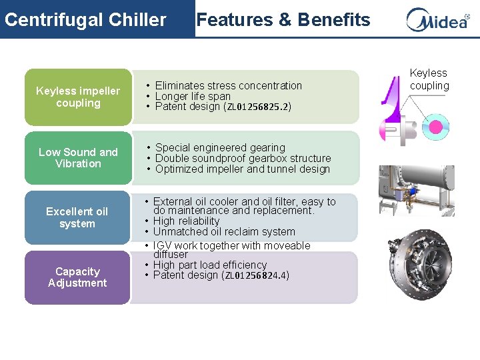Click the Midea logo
point(437,19)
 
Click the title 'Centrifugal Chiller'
point(85,19)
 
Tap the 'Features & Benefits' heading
point(283,19)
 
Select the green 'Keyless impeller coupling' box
point(78,97)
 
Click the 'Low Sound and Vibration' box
point(78,158)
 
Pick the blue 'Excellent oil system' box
point(77,217)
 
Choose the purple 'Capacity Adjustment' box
point(77,277)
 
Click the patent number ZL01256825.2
point(257,107)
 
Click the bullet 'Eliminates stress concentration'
point(228,85)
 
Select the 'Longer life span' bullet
point(193,96)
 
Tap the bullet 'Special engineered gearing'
point(220,147)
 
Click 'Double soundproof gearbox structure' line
point(243,158)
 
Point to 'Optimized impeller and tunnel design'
point(242,169)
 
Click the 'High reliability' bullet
point(186,221)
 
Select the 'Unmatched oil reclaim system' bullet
point(224,231)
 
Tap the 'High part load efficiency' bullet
point(209,265)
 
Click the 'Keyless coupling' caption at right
point(429,79)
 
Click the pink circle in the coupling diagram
point(437,126)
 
